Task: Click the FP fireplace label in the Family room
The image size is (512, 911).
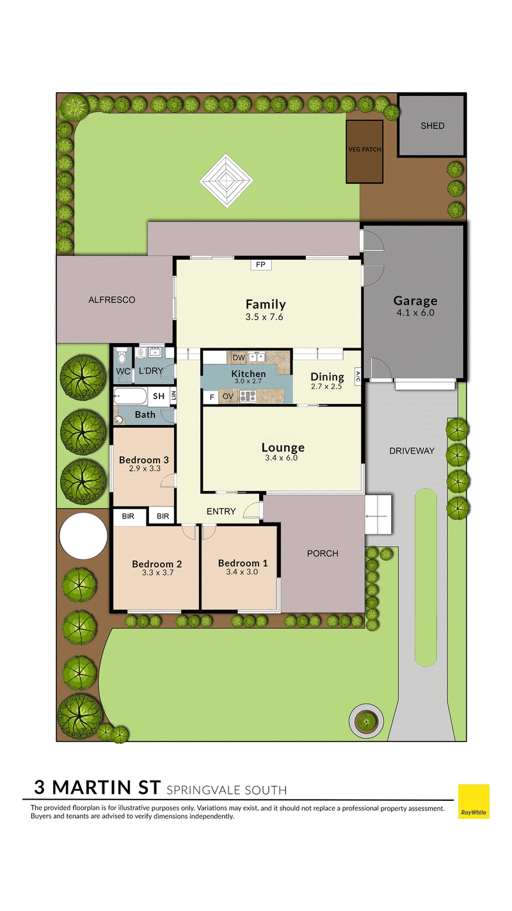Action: [260, 265]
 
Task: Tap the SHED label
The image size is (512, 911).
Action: [432, 126]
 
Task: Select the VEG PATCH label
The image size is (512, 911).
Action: [365, 149]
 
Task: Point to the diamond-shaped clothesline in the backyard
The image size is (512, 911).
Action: [226, 180]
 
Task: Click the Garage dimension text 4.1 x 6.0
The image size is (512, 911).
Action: [415, 313]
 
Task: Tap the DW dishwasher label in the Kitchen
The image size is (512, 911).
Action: [239, 358]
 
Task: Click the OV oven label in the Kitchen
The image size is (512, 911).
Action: [228, 396]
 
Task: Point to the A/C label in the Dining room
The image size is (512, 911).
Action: [358, 376]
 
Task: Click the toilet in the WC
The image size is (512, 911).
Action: [122, 357]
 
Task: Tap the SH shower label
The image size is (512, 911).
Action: [159, 396]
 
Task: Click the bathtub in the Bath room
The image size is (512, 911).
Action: [130, 396]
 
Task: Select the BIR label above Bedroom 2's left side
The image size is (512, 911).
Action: [128, 517]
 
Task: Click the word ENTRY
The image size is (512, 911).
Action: [221, 512]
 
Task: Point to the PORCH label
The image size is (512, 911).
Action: [323, 554]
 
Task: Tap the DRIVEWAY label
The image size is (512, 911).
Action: [412, 451]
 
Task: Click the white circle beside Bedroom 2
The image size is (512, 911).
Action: [83, 536]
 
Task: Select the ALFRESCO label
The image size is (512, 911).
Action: [112, 300]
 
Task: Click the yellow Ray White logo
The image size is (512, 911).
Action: [474, 802]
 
